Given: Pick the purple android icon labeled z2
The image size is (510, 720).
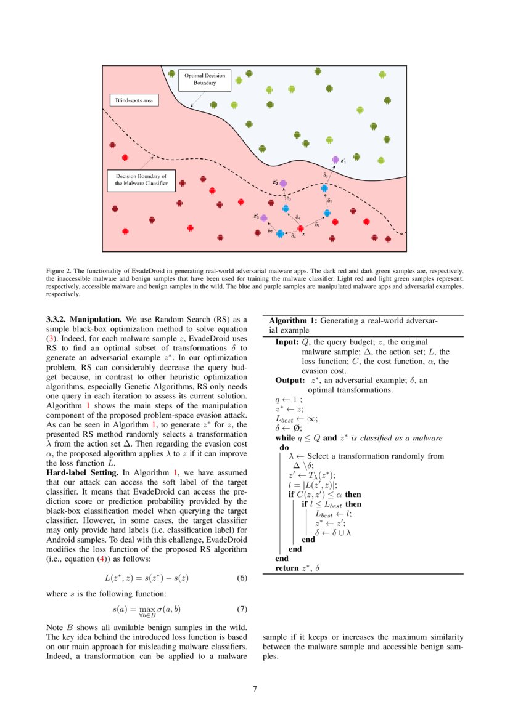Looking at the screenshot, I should click(284, 184).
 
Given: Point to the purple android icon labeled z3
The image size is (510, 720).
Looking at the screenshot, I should click(264, 218).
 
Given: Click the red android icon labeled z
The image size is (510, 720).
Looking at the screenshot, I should click(300, 229).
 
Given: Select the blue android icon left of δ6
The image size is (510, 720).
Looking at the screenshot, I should click(281, 233).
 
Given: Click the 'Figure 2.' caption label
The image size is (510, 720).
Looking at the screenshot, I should click(59, 270).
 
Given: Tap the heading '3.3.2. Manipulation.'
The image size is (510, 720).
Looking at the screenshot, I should click(84, 320).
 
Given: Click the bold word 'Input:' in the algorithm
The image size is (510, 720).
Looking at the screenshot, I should click(287, 342).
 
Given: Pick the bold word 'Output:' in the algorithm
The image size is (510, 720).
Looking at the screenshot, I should click(289, 380).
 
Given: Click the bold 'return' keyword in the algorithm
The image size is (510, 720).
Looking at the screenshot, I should click(287, 568).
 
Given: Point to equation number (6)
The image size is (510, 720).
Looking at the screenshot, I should click(242, 578).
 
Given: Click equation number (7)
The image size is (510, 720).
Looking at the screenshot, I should click(242, 610).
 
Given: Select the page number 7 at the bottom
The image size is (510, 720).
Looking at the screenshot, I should click(255, 688).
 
